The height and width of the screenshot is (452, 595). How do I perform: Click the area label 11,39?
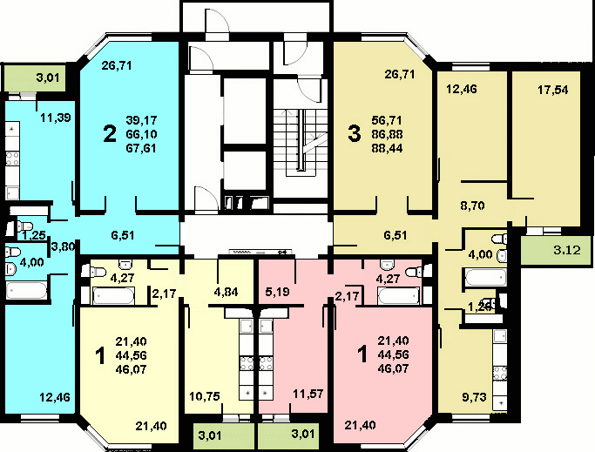click(x=56, y=118)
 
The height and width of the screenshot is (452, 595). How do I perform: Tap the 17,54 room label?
click(x=553, y=90)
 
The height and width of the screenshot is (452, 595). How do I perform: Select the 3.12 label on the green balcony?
click(x=567, y=250)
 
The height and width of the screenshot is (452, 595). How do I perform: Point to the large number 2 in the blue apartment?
click(x=110, y=134)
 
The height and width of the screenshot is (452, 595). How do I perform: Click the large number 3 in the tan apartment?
click(x=354, y=134)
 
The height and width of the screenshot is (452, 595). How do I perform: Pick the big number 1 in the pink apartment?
click(x=362, y=354)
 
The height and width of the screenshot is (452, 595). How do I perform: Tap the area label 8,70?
click(x=472, y=206)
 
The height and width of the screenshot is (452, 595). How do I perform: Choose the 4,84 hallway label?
click(x=226, y=292)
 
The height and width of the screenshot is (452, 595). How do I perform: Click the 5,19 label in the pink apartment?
click(x=277, y=292)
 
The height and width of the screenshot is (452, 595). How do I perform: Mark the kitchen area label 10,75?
click(x=205, y=396)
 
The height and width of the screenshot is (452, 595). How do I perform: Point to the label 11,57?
click(x=308, y=394)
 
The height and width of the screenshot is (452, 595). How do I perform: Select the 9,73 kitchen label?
click(x=474, y=397)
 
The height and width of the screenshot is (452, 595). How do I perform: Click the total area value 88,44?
click(x=388, y=148)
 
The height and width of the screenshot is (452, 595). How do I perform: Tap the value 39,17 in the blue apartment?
click(x=141, y=120)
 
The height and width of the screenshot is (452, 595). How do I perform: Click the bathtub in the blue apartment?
click(x=26, y=291)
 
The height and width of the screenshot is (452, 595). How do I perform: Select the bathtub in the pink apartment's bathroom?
click(x=398, y=295)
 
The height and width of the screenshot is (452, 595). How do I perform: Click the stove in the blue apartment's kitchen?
click(x=12, y=159)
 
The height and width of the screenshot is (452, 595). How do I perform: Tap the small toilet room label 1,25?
click(x=34, y=235)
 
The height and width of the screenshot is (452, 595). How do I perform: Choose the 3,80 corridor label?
click(x=64, y=247)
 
